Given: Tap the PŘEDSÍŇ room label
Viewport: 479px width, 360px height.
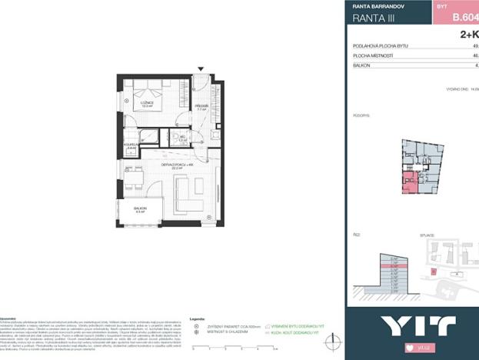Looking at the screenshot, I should tap(202, 107).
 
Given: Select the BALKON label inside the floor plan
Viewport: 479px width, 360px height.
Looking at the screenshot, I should tap(139, 209).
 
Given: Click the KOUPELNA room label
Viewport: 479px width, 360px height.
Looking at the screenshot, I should tap(131, 148).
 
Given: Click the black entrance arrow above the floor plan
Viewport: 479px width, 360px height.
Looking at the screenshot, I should tap(202, 70).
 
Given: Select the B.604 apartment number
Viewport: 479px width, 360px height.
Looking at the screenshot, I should tap(464, 16).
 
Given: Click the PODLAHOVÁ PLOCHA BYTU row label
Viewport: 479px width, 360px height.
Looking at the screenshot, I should tap(381, 46).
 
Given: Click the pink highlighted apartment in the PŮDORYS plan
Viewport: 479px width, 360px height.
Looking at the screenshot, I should tap(411, 182).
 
